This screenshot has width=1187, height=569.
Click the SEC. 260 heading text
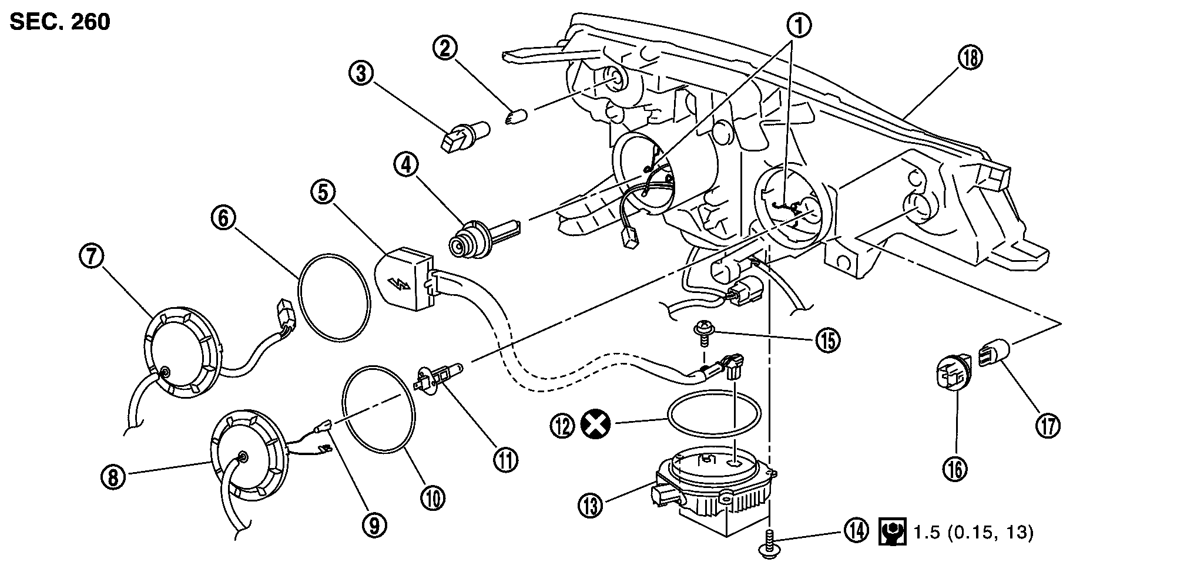click(60, 22)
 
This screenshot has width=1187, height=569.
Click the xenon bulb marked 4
click(482, 237)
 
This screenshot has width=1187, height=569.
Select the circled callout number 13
click(591, 505)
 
